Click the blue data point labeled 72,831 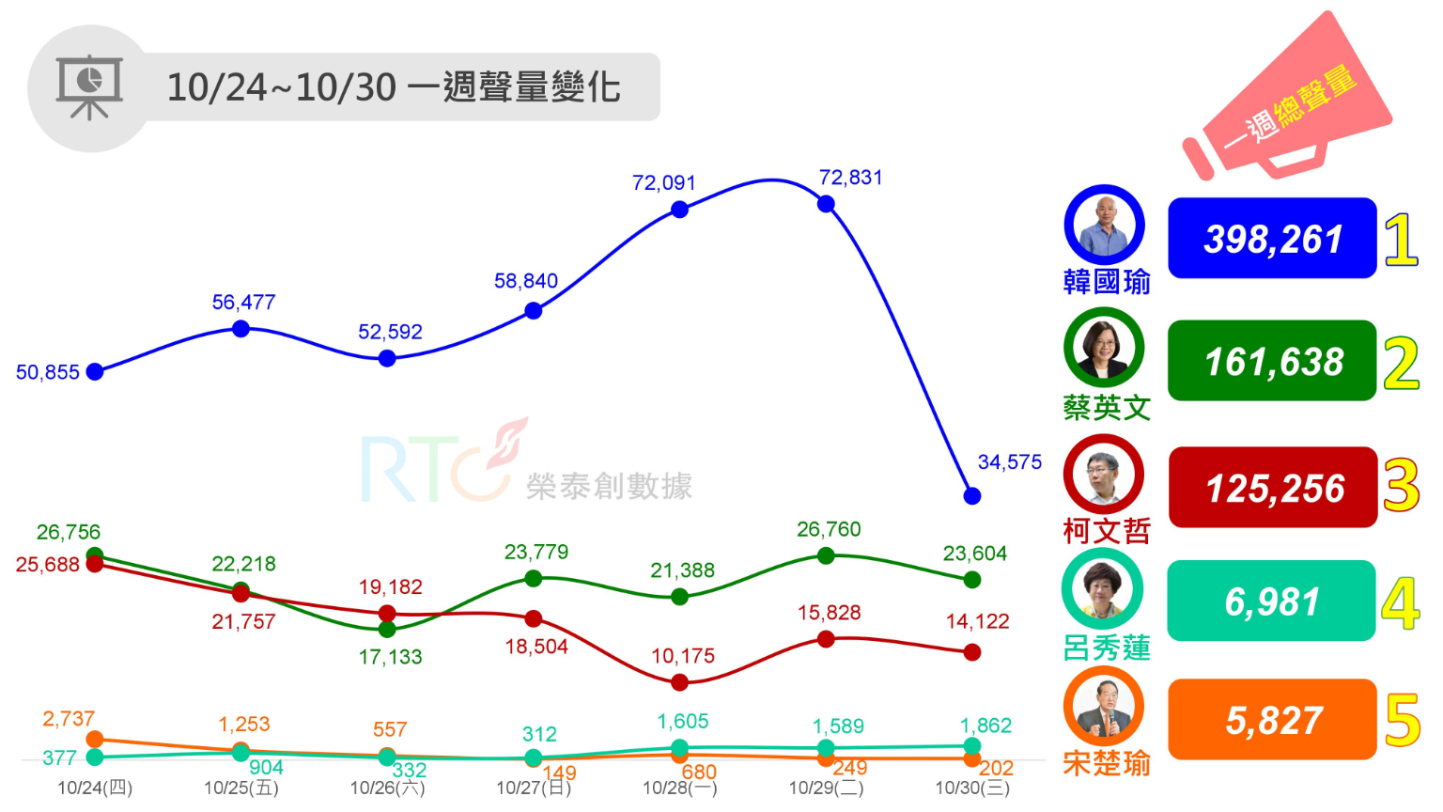(826, 204)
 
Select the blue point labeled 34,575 (972, 495)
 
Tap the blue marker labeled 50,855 (95, 371)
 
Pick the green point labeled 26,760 (826, 555)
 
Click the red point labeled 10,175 (680, 682)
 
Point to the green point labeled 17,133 (387, 629)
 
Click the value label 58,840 (526, 281)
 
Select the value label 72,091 (663, 182)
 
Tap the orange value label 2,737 (69, 719)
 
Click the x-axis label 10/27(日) (534, 788)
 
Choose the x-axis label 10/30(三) (972, 788)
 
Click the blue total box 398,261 (1272, 239)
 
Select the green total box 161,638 (1272, 362)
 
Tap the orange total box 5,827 (1272, 720)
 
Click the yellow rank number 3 (1401, 486)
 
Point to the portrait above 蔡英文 (1104, 347)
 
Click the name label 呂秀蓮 (1107, 648)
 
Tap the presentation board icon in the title (89, 87)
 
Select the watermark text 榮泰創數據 (609, 486)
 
